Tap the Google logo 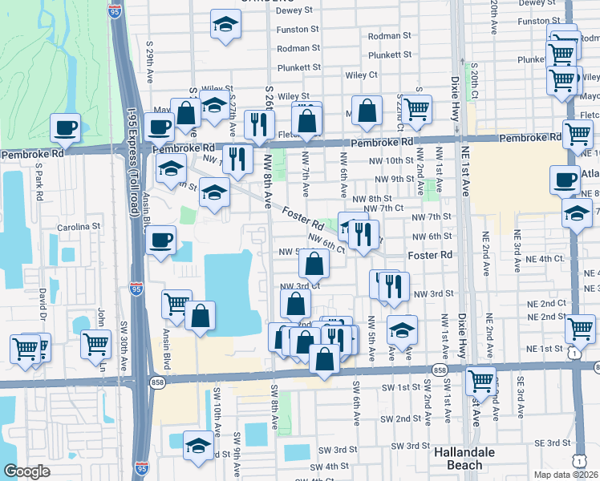pos(27,471)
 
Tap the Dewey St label pos(294,10)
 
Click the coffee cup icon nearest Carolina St pos(160,239)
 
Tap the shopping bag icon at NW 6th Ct pos(314,262)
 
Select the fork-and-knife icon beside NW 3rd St pos(393,286)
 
